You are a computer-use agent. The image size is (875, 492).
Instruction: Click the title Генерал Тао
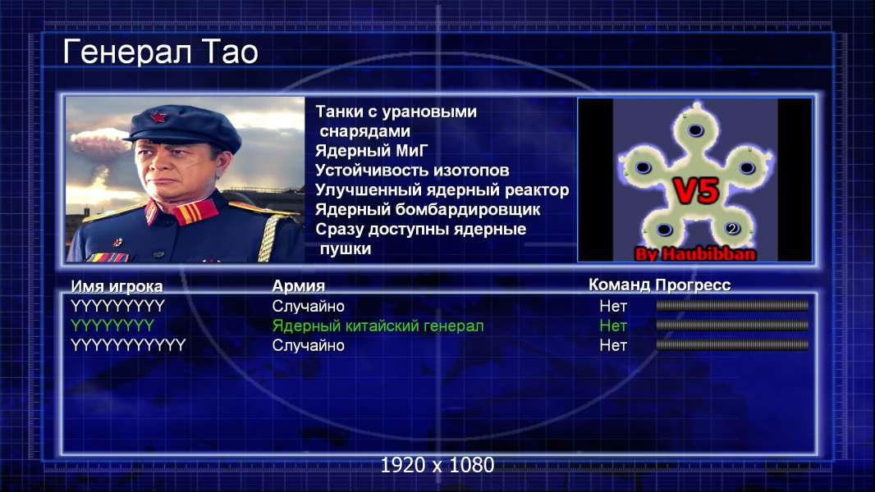click(x=161, y=52)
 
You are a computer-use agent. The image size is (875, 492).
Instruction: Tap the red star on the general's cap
click(x=158, y=116)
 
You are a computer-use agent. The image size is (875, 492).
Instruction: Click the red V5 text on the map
click(x=696, y=190)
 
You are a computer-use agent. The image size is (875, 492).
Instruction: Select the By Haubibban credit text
click(x=695, y=254)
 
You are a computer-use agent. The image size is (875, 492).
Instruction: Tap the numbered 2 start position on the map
click(x=732, y=228)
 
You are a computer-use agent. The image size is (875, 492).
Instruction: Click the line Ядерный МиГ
click(x=371, y=151)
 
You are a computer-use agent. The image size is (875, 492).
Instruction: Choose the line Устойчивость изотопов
click(x=412, y=171)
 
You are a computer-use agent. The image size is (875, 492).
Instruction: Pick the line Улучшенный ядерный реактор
click(x=442, y=190)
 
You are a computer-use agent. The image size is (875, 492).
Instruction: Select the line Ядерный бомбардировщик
click(x=428, y=209)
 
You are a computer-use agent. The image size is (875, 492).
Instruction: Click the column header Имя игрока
click(x=117, y=286)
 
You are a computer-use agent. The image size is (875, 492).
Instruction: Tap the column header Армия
click(x=298, y=286)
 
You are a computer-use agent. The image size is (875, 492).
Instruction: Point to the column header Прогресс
click(x=693, y=285)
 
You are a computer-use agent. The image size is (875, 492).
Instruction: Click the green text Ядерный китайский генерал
click(x=378, y=326)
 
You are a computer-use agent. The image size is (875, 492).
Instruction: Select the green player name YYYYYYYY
click(x=112, y=326)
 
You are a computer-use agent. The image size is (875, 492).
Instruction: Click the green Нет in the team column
click(x=613, y=326)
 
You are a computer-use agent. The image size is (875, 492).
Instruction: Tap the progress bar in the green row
click(x=732, y=325)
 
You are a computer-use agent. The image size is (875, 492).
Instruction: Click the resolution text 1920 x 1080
click(x=438, y=465)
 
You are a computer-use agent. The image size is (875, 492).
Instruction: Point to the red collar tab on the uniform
click(x=195, y=212)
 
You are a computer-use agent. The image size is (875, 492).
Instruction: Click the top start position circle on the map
click(x=695, y=130)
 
